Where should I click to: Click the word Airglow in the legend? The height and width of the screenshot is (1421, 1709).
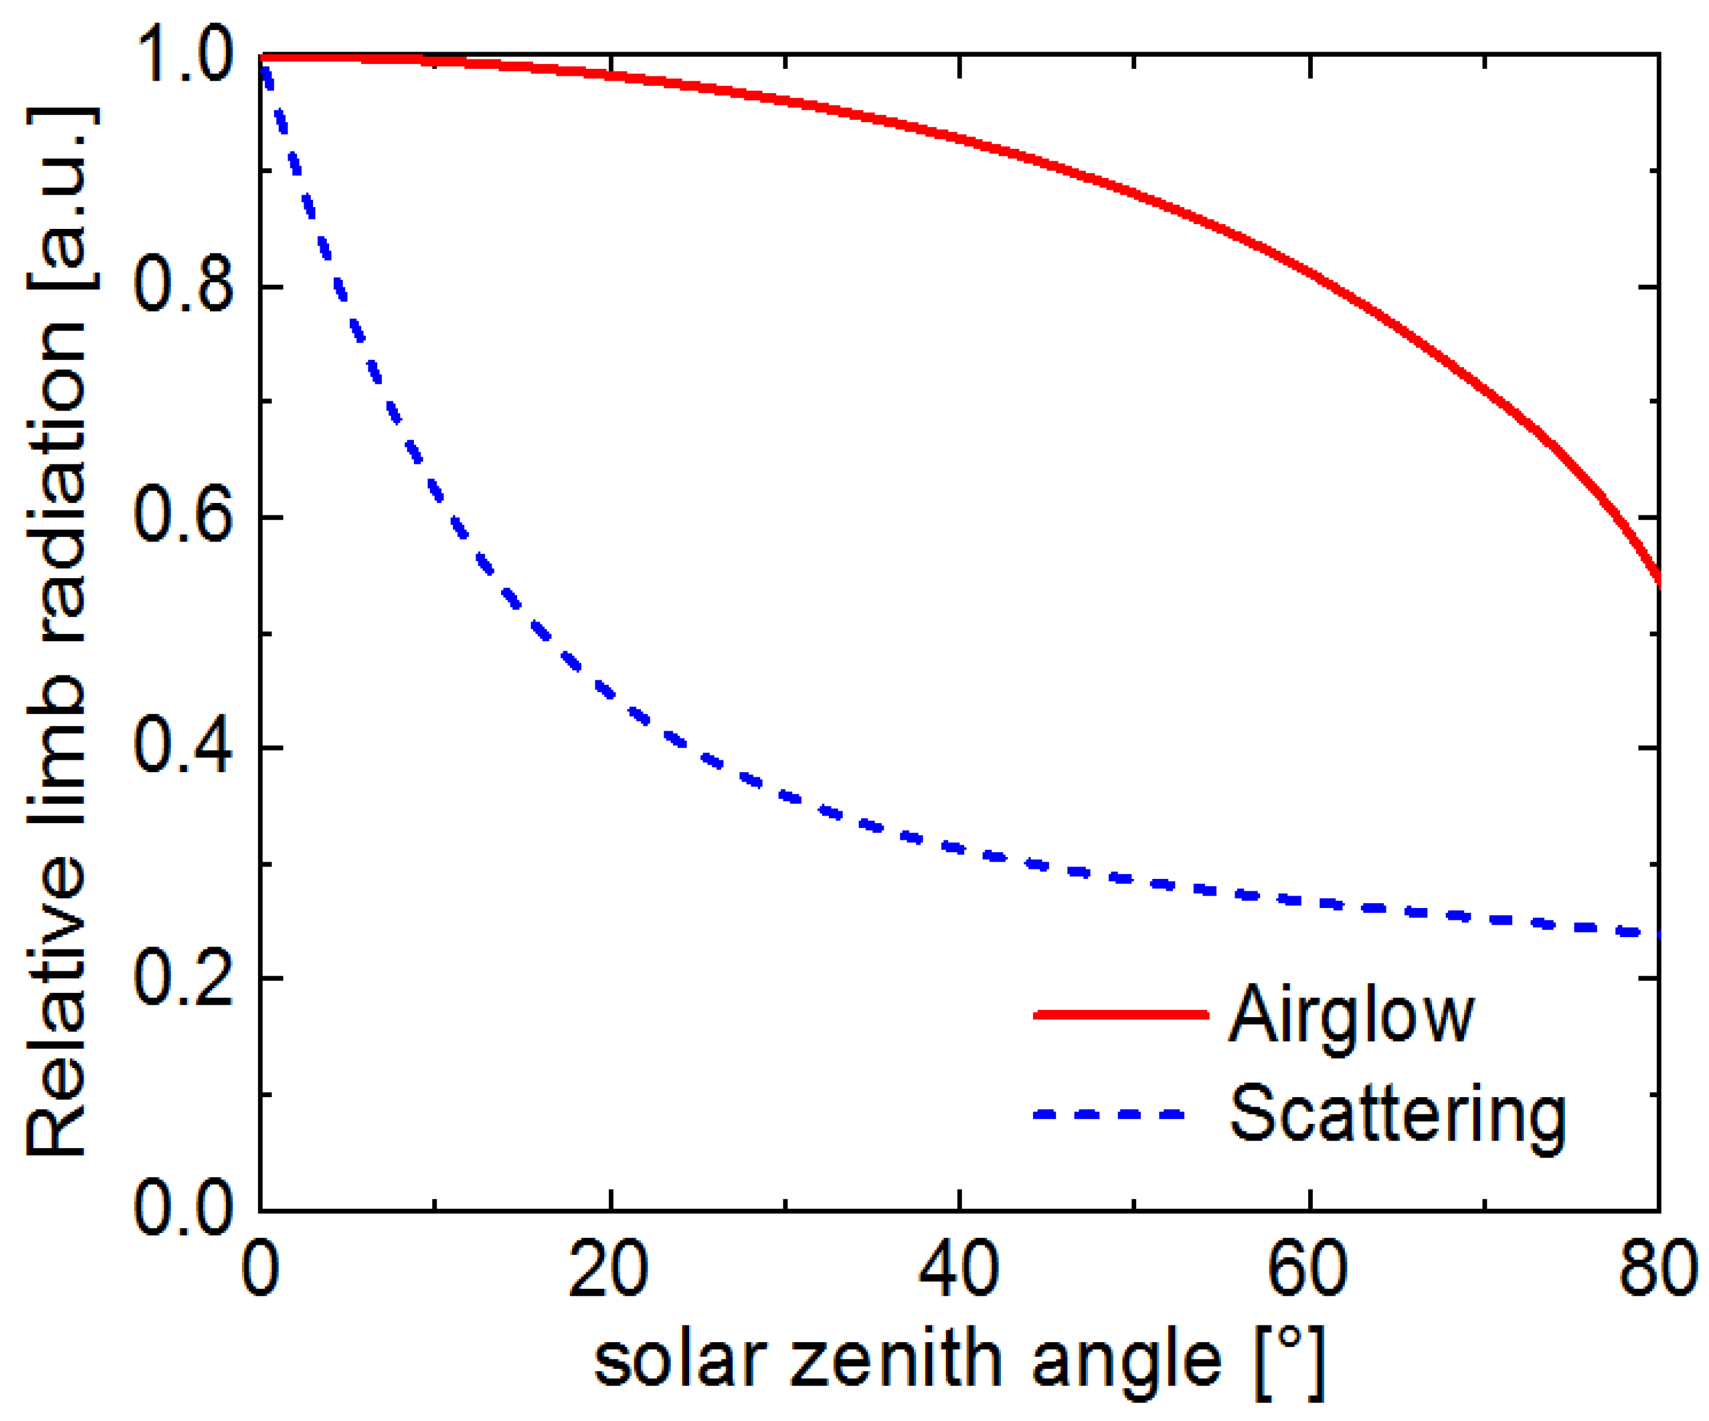(x=1351, y=1016)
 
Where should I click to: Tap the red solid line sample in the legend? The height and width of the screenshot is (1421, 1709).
(x=1121, y=1014)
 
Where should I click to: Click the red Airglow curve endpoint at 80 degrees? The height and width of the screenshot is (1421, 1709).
(x=1657, y=579)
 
